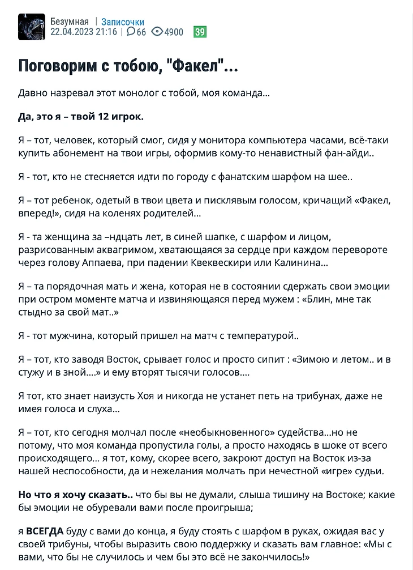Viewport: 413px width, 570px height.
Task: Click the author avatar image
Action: [x=32, y=27]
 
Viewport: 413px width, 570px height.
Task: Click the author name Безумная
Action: [x=69, y=22]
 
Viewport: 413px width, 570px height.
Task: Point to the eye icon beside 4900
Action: [x=157, y=32]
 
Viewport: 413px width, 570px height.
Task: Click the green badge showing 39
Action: [x=200, y=32]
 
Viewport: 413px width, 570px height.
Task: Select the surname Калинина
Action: [x=299, y=263]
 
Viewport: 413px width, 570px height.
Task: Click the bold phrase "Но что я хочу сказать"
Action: [x=68, y=495]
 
